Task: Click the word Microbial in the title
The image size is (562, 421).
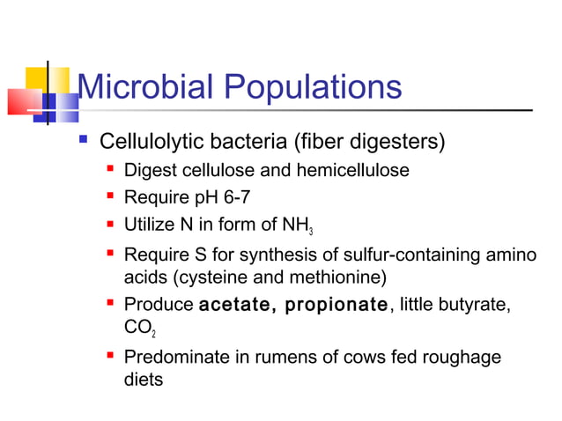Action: (x=144, y=88)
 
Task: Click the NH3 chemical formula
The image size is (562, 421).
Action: (x=297, y=226)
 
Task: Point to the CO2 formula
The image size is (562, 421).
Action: (x=140, y=329)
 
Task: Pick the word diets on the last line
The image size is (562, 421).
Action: (x=144, y=380)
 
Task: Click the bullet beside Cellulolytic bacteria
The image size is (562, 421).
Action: (x=84, y=141)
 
